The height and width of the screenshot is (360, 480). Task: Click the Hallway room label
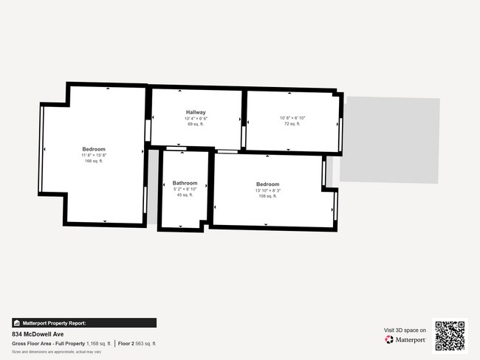click(x=195, y=112)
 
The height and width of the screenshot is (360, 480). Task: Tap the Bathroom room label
click(x=185, y=183)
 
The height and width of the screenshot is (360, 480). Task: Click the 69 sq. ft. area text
click(x=195, y=124)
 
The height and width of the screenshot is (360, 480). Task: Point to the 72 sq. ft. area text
click(x=292, y=124)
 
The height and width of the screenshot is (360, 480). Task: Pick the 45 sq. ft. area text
click(x=185, y=195)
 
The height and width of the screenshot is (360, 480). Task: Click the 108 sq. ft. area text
click(x=267, y=196)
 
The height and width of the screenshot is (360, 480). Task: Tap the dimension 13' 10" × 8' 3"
click(x=267, y=190)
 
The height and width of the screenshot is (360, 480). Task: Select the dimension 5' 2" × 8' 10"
click(x=185, y=189)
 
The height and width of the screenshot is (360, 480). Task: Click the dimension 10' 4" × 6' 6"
click(x=195, y=118)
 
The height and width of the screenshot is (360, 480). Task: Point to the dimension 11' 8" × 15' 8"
click(x=94, y=156)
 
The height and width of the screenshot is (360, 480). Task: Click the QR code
click(x=450, y=335)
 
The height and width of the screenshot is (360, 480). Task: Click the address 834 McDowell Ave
click(x=38, y=334)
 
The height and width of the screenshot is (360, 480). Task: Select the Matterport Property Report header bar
click(x=84, y=323)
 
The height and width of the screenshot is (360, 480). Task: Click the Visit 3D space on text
click(x=405, y=330)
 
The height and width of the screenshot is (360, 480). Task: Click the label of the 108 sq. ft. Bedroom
click(x=267, y=184)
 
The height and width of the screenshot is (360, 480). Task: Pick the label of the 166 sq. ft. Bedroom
click(x=94, y=150)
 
